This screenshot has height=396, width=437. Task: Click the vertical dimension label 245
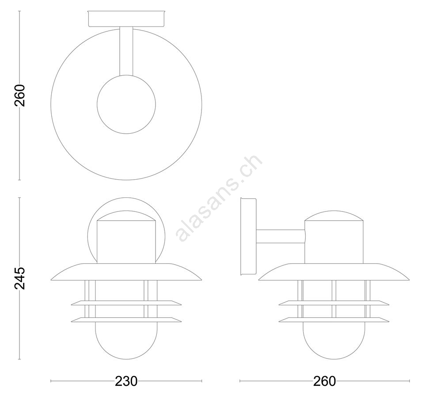coord(20,278)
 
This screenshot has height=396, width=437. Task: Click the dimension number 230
coord(126,381)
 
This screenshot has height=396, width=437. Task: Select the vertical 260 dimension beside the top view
coord(20,96)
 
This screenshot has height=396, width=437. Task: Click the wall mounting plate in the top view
coord(126,19)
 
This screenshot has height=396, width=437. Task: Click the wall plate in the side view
coord(248,236)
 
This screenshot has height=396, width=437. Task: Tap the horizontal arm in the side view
coord(281,236)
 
